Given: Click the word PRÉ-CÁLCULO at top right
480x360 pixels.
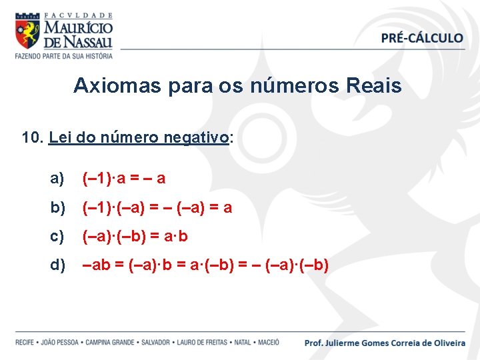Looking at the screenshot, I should (x=422, y=38).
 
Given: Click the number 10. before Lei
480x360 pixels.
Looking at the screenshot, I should (x=32, y=138).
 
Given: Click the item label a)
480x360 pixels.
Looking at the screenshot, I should (x=57, y=178).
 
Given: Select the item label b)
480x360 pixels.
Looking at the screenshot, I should (x=57, y=207).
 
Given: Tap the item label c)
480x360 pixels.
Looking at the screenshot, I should (x=57, y=236).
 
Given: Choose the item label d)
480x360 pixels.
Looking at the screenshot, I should (x=57, y=265).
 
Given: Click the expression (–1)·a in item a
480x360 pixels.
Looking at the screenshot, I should (x=105, y=178).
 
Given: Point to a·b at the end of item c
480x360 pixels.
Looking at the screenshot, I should (x=174, y=236).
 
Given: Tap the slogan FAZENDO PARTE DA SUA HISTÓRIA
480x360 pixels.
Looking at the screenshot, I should (x=64, y=56).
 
